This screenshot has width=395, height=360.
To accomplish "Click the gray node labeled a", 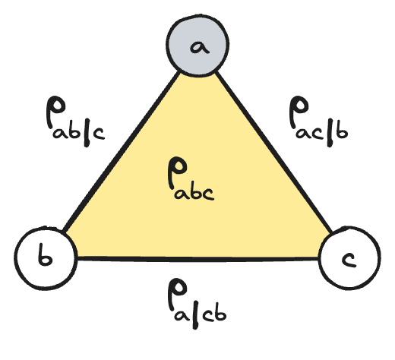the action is (197, 45).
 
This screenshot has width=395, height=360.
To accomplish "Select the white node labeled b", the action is (46, 258).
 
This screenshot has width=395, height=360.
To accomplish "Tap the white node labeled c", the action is (349, 257).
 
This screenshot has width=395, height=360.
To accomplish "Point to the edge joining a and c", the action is (273, 153).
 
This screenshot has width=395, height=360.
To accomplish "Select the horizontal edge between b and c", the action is (197, 259).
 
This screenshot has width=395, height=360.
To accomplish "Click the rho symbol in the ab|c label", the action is (55, 112).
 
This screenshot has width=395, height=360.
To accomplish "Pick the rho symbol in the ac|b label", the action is (299, 112).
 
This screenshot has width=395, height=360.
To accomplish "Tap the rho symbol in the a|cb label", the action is (177, 294).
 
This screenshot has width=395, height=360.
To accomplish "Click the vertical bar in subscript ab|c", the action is (87, 134).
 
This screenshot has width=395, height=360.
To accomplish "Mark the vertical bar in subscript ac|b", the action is (330, 134).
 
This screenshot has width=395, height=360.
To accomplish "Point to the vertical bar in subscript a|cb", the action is (195, 317).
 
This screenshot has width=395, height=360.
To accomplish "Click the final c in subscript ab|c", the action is (98, 134).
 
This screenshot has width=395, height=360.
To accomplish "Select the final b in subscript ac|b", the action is (341, 132).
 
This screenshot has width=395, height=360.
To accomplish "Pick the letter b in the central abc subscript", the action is (195, 192).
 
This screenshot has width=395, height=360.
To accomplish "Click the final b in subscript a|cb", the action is (220, 314).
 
